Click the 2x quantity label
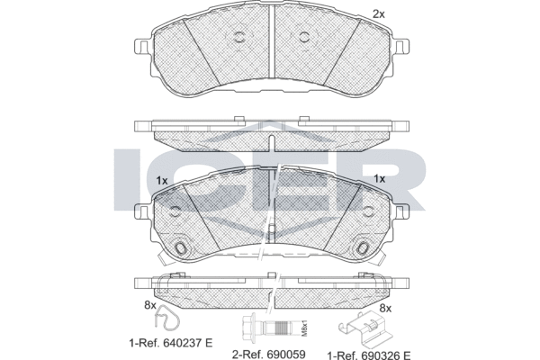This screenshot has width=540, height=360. click(379, 14)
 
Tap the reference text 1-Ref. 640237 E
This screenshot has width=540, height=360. click(171, 343)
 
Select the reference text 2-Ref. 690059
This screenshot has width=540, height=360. click(268, 354)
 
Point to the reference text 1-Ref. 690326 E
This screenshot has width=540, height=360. click(369, 355)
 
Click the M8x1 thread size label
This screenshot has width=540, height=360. click(304, 329)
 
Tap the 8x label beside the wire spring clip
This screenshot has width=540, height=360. click(150, 305)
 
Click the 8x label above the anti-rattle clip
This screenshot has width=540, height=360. click(385, 309)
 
